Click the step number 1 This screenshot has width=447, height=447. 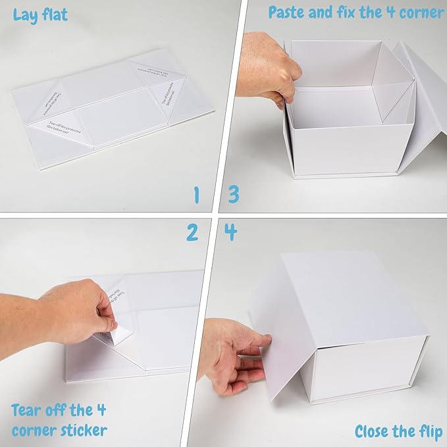pos(196,195)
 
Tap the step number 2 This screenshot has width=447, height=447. pos(192,232)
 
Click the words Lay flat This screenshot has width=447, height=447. pos(40,14)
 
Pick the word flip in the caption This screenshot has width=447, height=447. pos(426,431)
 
